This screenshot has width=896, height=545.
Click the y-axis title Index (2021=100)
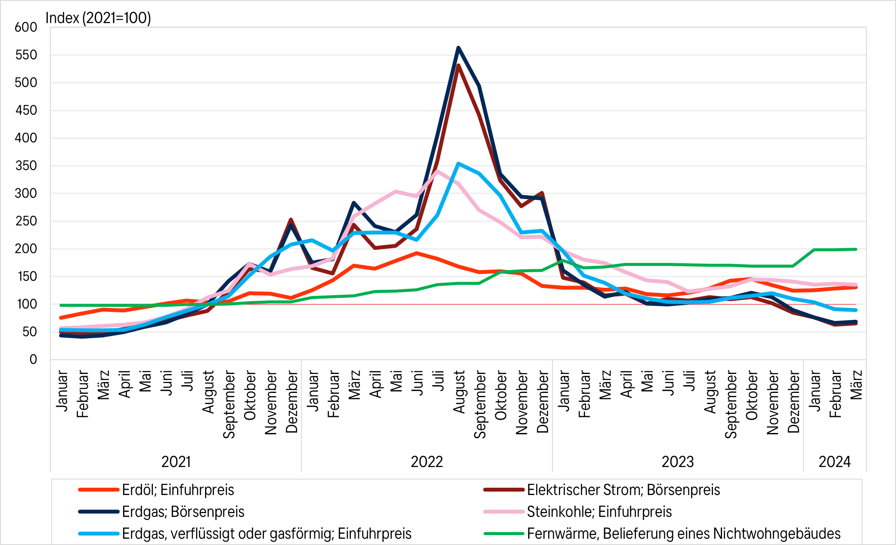(98, 18)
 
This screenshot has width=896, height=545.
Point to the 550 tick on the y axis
(26, 55)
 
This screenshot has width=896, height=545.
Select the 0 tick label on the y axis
(33, 360)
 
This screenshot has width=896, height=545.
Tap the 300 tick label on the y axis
(26, 193)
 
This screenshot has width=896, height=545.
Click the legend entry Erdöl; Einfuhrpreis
(178, 490)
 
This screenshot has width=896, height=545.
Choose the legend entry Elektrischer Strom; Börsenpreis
(623, 490)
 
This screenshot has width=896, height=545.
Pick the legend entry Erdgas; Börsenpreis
(183, 512)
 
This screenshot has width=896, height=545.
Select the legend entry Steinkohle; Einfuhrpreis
(599, 512)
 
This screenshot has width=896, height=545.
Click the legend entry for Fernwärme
(683, 534)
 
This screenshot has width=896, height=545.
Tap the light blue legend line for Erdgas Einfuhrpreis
(99, 534)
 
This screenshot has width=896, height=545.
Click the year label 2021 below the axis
(176, 462)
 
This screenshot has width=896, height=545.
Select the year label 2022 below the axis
(427, 462)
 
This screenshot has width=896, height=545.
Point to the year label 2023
(678, 462)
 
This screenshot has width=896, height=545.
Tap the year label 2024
(834, 462)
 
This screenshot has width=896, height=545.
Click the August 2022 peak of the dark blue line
(458, 47)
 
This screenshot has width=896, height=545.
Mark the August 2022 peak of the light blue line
(458, 163)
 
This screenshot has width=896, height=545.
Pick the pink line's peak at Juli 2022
(437, 171)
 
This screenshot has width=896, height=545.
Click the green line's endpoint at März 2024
(856, 249)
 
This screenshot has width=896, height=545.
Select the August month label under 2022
(459, 392)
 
